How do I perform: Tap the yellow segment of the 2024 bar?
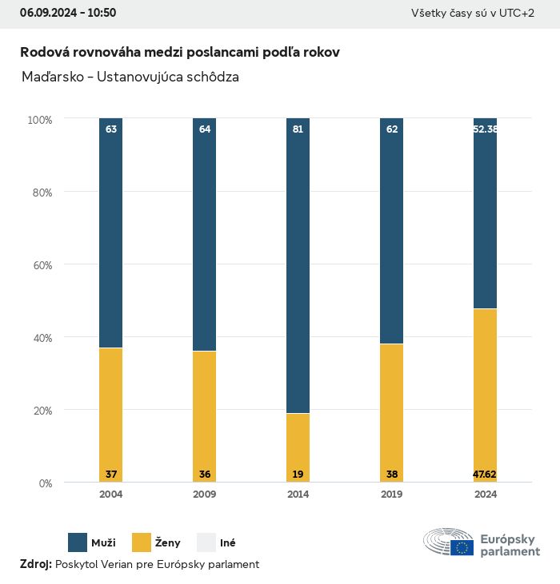pos(485,391)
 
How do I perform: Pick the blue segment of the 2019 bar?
pos(391,232)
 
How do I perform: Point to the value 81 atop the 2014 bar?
pos(298,129)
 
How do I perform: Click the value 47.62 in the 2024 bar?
pos(485,475)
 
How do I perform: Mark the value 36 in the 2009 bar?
pos(204,475)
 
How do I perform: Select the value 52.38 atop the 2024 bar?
pos(486,129)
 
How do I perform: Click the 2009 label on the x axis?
pos(204,495)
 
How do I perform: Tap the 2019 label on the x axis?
pos(391,495)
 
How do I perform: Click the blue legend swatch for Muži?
pos(78,542)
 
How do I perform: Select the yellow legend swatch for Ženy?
pos(142,542)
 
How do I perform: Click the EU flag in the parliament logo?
pos(462,547)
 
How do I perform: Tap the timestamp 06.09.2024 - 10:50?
pos(68,13)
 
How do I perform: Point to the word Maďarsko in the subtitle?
pos(51,77)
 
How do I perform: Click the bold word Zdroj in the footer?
pos(36,564)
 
